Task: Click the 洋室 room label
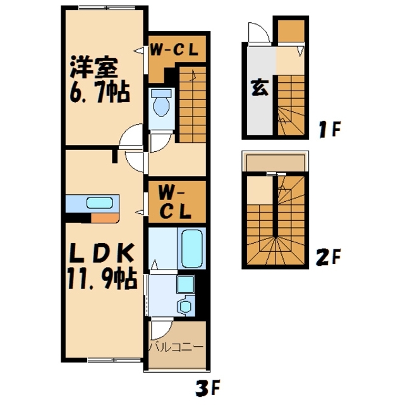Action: pyautogui.click(x=94, y=67)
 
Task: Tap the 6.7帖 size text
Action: pyautogui.click(x=99, y=92)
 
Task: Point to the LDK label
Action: pyautogui.click(x=102, y=252)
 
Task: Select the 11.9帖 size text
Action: pyautogui.click(x=102, y=278)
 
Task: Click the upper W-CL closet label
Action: pyautogui.click(x=174, y=49)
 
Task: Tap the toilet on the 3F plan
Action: pyautogui.click(x=162, y=103)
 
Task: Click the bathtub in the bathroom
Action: pyautogui.click(x=191, y=249)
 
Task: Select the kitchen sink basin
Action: pyautogui.click(x=99, y=202)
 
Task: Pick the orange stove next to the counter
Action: pyautogui.click(x=105, y=218)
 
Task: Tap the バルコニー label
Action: pyautogui.click(x=176, y=347)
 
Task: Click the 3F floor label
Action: pyautogui.click(x=208, y=388)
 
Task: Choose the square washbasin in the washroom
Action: pyautogui.click(x=185, y=284)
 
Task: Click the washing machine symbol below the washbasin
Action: pyautogui.click(x=186, y=306)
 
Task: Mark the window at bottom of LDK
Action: pyautogui.click(x=114, y=359)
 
